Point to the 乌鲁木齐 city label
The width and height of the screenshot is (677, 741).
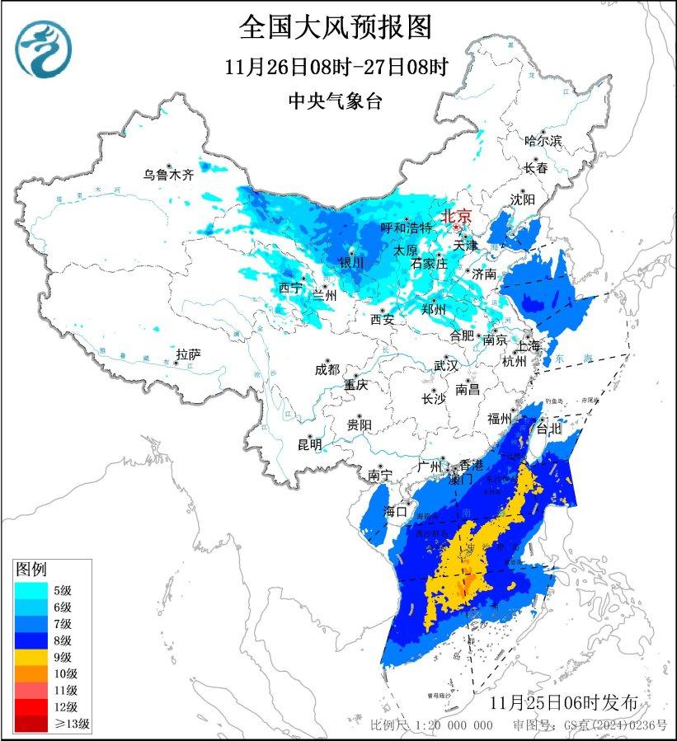167,175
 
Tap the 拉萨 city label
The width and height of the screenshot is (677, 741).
188,354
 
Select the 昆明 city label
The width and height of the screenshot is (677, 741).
309,445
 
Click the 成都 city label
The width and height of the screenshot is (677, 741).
327,370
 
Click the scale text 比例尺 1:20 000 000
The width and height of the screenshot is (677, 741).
431,725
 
